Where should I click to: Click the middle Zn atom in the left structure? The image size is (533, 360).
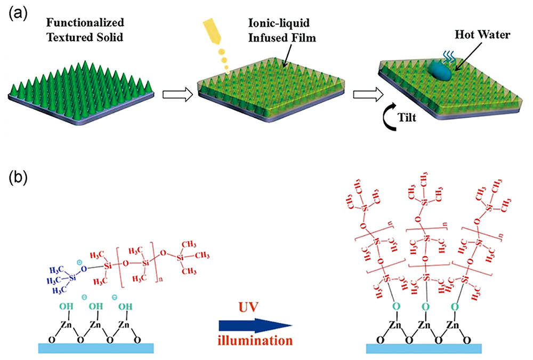pyautogui.click(x=95, y=325)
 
